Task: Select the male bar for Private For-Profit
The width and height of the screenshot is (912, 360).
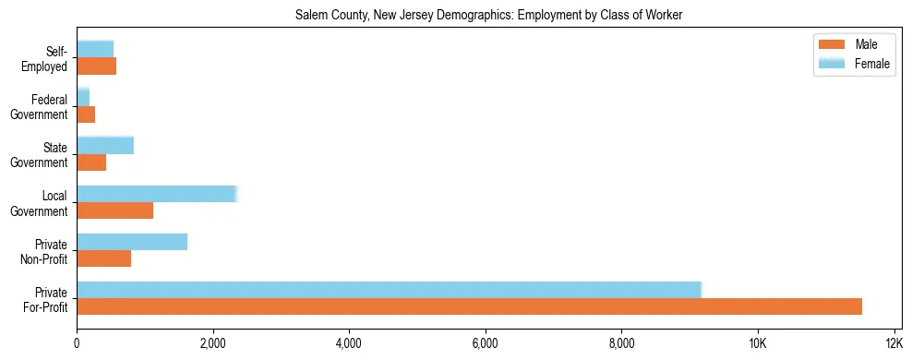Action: point(469,306)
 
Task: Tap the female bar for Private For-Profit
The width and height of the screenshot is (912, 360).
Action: point(389,289)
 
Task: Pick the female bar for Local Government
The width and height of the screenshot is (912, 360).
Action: point(157,193)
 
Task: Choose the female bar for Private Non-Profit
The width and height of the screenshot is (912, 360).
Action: point(132,241)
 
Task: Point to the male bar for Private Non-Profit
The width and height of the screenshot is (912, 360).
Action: point(103,258)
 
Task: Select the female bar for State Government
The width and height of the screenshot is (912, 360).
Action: point(105,145)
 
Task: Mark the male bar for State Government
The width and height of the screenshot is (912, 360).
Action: point(91,162)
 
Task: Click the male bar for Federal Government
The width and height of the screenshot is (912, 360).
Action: point(86,114)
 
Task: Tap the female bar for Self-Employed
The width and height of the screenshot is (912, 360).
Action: point(95,49)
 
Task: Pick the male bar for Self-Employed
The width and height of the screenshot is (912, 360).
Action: point(96,66)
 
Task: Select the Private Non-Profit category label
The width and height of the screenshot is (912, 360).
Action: point(46,251)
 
